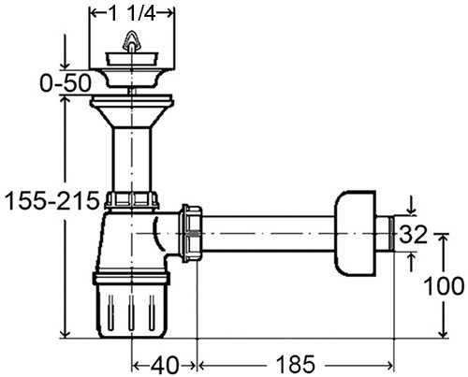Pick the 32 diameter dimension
click(x=415, y=235)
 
